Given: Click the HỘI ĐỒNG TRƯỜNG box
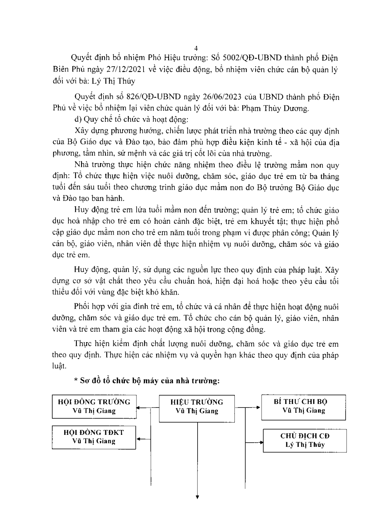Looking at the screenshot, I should click(94, 406).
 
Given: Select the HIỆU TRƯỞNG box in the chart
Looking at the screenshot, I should click(197, 406).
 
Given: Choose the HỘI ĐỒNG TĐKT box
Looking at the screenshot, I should click(94, 437).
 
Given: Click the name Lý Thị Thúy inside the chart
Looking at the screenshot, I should click(305, 445).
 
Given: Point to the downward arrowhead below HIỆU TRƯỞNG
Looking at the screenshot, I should click(197, 497).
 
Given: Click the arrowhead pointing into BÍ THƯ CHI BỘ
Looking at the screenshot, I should click(259, 407).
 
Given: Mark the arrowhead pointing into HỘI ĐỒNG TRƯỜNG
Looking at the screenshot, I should click(139, 407).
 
